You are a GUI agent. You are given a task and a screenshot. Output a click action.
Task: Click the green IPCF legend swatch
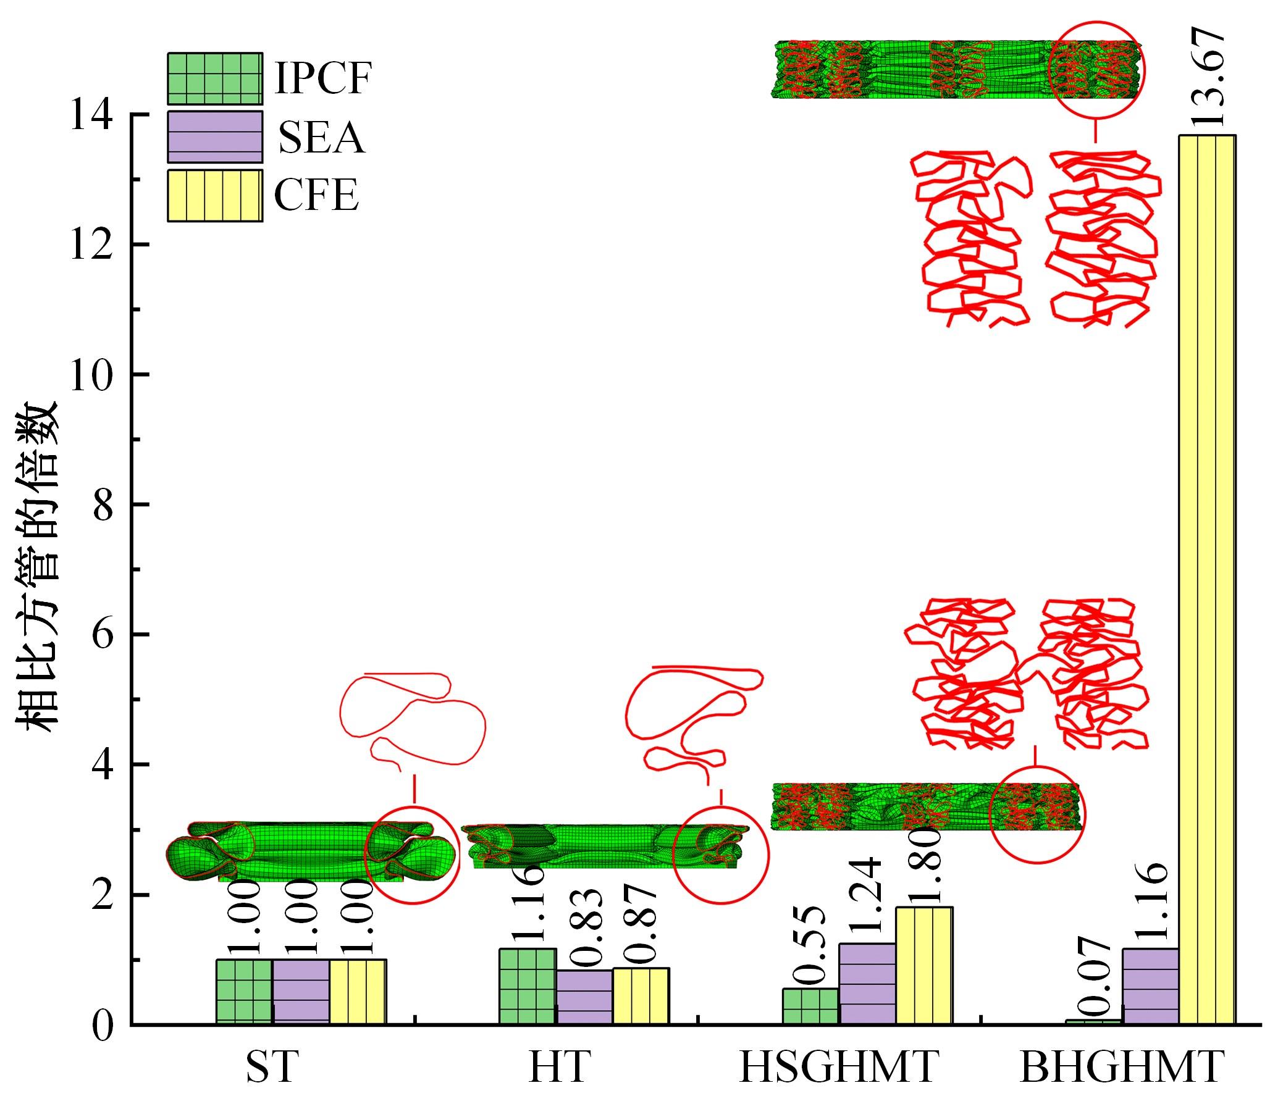[214, 78]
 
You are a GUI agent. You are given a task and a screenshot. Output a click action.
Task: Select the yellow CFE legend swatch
[214, 195]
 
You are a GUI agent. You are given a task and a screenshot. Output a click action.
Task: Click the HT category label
[557, 1068]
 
